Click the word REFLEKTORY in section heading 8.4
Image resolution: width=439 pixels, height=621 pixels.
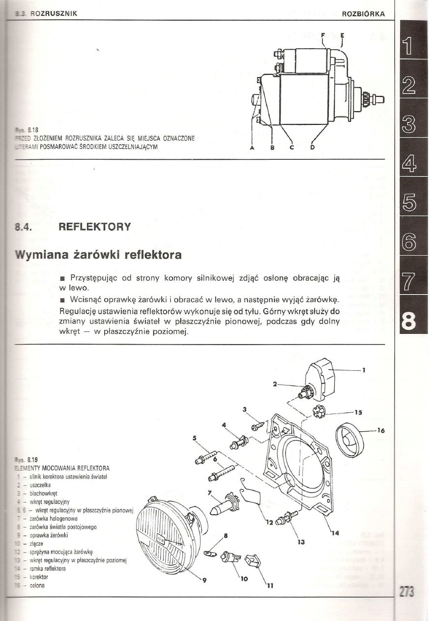94,227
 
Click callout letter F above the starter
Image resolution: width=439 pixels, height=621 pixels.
323,36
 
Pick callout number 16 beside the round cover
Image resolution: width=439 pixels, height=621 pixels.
381,431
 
